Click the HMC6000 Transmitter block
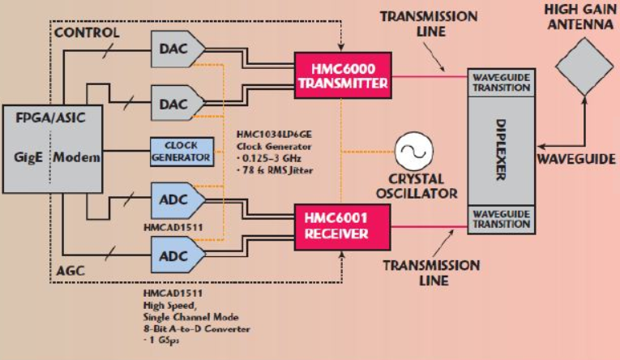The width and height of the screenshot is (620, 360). tap(343, 75)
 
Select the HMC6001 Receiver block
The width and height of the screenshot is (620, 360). tap(343, 227)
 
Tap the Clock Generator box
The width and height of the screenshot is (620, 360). tap(182, 152)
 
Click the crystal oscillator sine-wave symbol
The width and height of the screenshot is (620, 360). tap(414, 151)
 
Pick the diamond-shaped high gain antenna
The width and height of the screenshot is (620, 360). tap(584, 66)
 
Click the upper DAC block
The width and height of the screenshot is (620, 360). tap(178, 49)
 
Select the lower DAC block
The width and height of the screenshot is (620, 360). tap(178, 104)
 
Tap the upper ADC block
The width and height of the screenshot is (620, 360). tap(178, 200)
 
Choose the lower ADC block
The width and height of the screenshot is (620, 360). tap(178, 255)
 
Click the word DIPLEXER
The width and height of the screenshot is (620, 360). tap(501, 150)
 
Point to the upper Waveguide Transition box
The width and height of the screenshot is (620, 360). tap(502, 82)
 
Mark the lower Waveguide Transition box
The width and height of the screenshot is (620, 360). tap(502, 219)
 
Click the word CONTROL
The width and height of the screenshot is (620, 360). tap(87, 32)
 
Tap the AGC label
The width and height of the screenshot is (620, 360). tap(71, 271)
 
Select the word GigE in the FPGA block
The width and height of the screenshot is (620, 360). tap(28, 157)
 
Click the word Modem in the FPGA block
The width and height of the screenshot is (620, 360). tap(77, 157)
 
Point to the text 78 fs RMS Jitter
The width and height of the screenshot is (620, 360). tap(276, 170)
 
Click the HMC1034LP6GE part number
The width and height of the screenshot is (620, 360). tap(274, 134)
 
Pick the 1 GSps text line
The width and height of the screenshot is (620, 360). tap(161, 341)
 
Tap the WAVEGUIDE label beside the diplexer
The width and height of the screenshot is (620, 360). tap(576, 159)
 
